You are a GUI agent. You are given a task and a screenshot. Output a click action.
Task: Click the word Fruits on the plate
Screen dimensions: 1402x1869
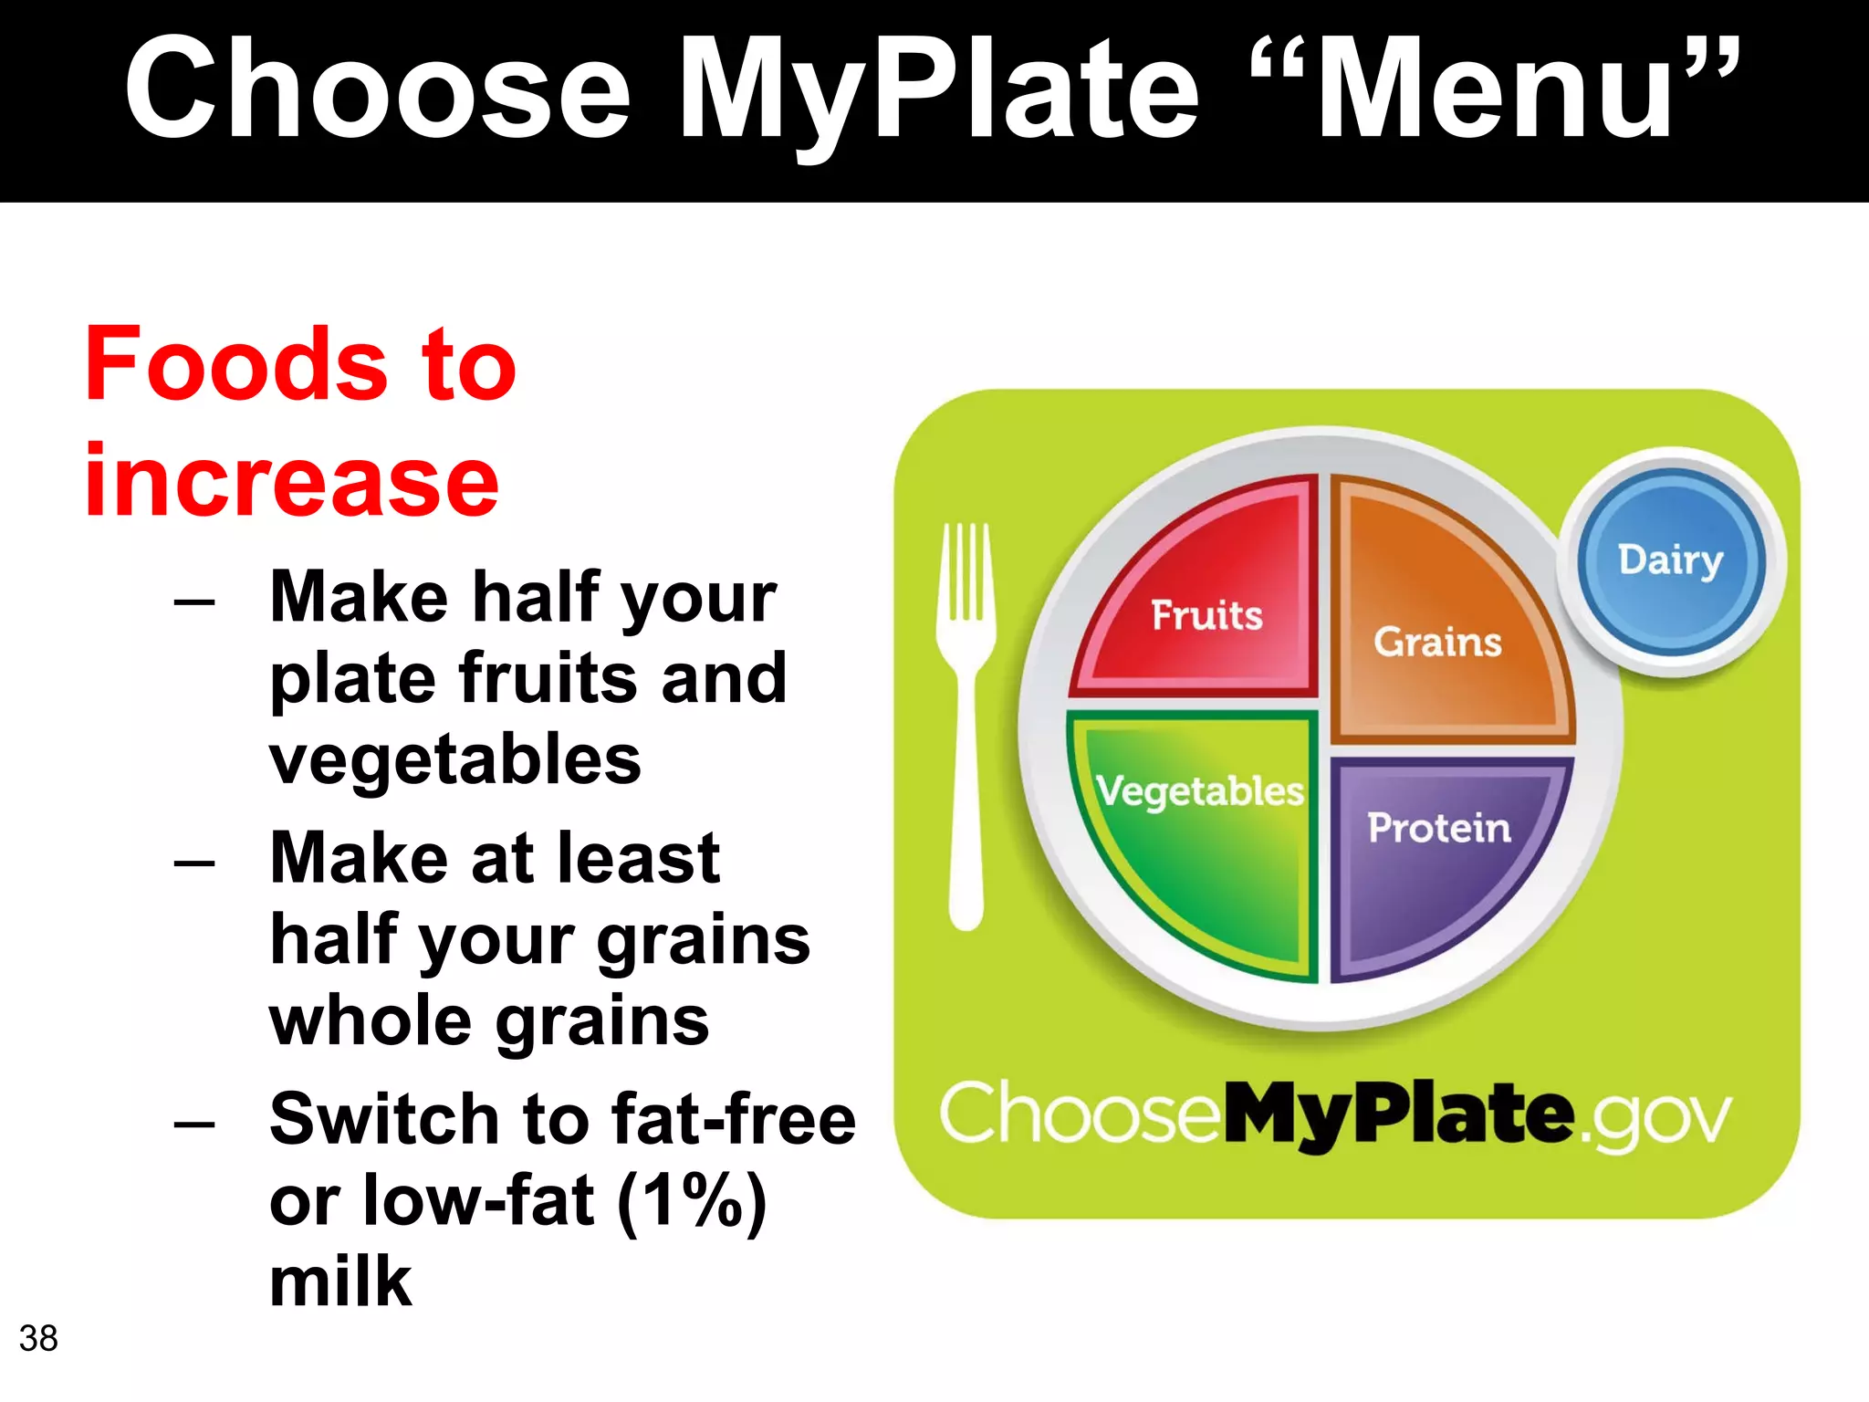coord(1206,615)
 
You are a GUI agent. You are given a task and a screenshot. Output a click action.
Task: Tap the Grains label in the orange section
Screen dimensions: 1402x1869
coord(1437,642)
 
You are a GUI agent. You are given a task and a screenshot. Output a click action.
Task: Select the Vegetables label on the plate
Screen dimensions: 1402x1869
coord(1199,791)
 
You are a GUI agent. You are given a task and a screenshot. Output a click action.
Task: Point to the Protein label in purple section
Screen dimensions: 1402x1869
coord(1438,828)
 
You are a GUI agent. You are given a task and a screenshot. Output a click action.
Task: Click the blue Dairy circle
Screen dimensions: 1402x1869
coord(1670,560)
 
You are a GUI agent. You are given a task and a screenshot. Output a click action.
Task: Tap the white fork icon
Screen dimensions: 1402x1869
coord(966,721)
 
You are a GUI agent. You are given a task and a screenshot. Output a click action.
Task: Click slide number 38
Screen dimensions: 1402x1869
coord(38,1338)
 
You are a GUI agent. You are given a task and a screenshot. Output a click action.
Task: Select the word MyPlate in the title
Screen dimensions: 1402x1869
coord(938,89)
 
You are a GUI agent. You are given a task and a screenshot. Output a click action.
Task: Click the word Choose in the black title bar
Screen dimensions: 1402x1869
coord(377,89)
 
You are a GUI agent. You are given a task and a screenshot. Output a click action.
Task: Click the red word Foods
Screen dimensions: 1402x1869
coord(236,364)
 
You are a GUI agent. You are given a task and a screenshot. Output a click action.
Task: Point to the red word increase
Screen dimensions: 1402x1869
coord(292,480)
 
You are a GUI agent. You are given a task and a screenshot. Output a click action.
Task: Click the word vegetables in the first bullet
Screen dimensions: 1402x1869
coord(454,759)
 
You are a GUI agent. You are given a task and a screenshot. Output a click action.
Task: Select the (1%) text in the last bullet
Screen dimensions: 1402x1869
coord(691,1200)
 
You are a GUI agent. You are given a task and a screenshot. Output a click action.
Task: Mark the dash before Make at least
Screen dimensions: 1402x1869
coord(194,861)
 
